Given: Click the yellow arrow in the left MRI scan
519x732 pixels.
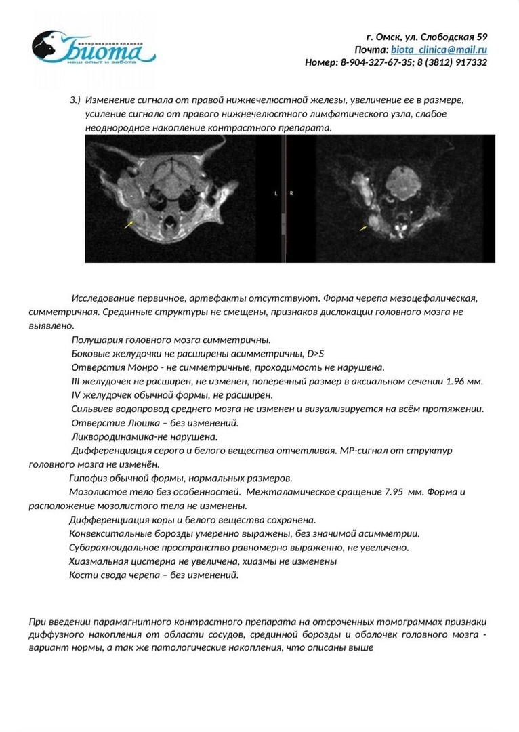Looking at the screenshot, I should [129, 224].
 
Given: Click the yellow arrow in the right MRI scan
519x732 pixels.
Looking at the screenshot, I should [365, 228].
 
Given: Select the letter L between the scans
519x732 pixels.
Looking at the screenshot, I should [276, 193].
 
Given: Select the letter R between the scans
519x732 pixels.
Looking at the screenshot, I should [291, 193].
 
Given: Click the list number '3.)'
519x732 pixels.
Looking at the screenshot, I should [75, 100].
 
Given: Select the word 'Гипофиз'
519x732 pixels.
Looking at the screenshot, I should [88, 477].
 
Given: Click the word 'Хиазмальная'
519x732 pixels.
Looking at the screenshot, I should [96, 561].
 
